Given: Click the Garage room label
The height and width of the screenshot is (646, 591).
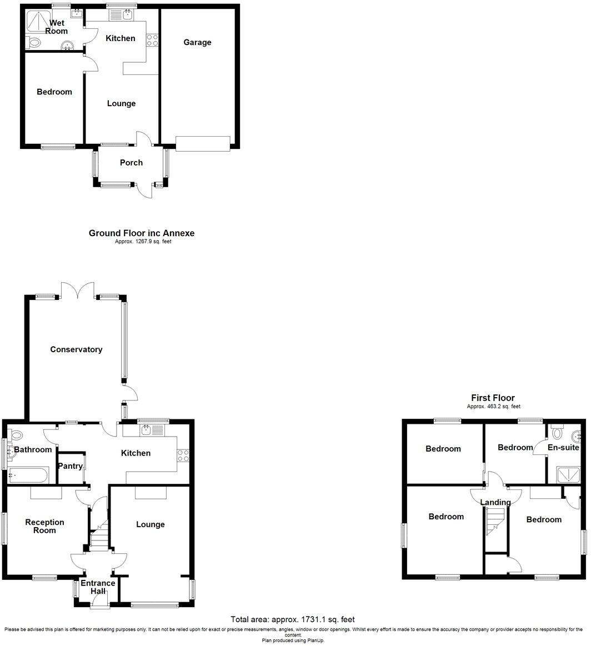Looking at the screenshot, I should pos(198,42).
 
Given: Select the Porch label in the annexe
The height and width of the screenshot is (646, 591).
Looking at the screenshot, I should pos(132,163).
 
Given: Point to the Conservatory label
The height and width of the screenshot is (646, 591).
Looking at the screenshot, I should pos(76,349).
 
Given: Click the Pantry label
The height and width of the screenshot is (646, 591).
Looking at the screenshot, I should pos(71,466).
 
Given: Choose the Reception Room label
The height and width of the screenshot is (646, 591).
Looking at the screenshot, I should pos(44,526).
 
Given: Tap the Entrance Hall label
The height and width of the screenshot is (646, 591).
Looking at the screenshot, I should pos(98,587).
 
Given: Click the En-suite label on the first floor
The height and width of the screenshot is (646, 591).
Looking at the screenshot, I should pos(563,447).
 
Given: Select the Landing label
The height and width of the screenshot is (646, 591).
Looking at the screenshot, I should pos(495,502).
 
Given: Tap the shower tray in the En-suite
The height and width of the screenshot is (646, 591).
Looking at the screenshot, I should pos(566,474).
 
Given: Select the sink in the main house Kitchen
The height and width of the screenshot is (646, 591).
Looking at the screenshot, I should pos(147,429).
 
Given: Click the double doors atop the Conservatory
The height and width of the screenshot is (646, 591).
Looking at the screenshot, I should pos(78,290).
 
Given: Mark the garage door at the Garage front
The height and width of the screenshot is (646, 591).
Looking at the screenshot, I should pos(202,143).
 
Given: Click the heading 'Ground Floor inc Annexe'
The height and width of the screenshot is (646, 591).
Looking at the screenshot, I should pos(142,233).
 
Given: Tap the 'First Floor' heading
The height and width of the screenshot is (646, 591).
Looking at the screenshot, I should pos(493,398).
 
